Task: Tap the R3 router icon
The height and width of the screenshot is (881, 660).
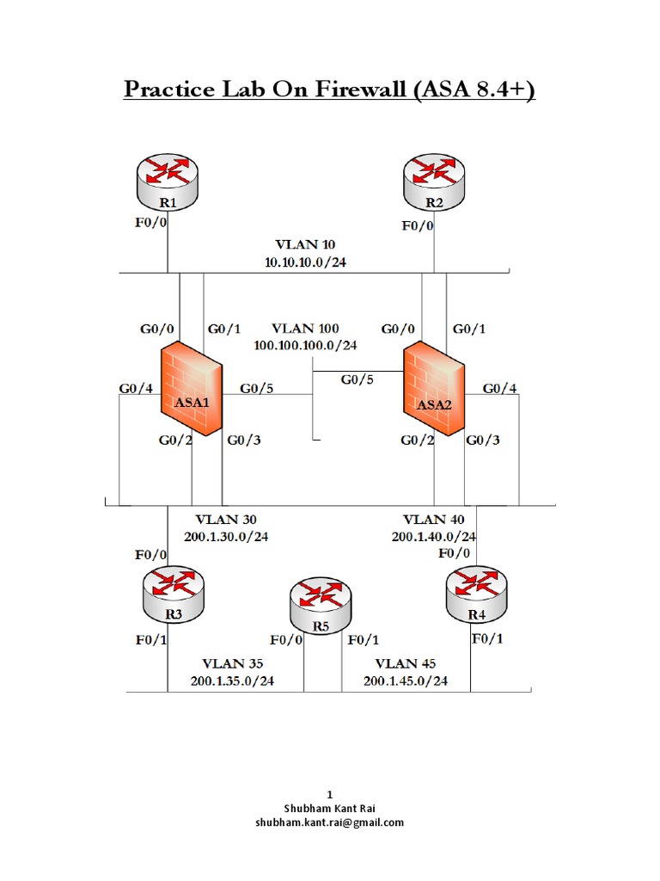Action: (x=174, y=595)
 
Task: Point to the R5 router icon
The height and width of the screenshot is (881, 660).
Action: (x=321, y=607)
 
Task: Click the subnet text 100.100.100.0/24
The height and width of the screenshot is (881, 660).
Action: (x=305, y=344)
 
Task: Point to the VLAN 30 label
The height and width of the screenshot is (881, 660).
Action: (x=225, y=520)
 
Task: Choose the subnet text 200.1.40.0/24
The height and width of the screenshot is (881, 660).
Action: (x=434, y=536)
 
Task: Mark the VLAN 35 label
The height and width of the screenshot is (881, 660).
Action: (x=232, y=664)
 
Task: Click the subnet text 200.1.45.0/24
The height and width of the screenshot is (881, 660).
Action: (x=405, y=681)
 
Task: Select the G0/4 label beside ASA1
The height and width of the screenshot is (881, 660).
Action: (x=136, y=389)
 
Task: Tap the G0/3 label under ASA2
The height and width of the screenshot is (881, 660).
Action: (x=483, y=440)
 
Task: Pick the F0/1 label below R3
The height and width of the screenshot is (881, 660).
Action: (x=150, y=639)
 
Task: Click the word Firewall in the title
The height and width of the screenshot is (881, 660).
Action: (x=345, y=89)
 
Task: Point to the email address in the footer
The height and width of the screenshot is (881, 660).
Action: (x=329, y=822)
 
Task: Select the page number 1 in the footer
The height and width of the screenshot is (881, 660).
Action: (x=329, y=793)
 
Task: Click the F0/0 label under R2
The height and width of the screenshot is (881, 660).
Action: (x=419, y=226)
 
